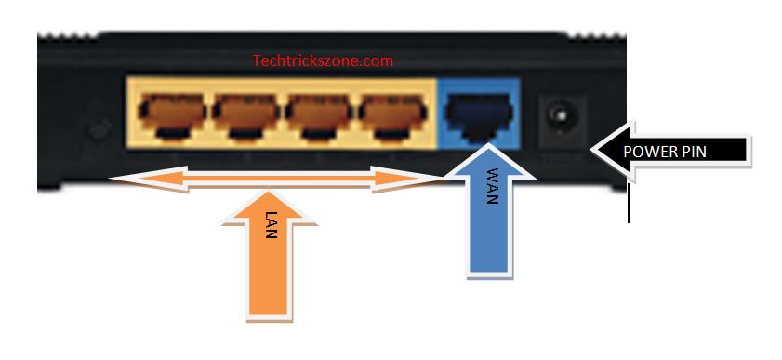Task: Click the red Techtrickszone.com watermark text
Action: click(x=323, y=60)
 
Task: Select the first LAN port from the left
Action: click(x=172, y=115)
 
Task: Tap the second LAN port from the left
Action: click(x=246, y=115)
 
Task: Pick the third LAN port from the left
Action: click(x=320, y=115)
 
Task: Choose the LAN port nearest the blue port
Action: click(x=393, y=115)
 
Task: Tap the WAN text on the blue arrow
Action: click(x=492, y=186)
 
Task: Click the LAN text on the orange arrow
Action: click(x=271, y=225)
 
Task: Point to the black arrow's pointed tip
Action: click(x=592, y=149)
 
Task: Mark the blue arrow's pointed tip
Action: click(x=488, y=144)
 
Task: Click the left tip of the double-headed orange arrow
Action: click(x=111, y=179)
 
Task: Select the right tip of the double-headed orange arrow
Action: click(x=443, y=179)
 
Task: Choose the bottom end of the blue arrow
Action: click(x=490, y=273)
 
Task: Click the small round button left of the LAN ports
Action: click(x=99, y=128)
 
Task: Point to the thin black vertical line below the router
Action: click(x=628, y=203)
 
